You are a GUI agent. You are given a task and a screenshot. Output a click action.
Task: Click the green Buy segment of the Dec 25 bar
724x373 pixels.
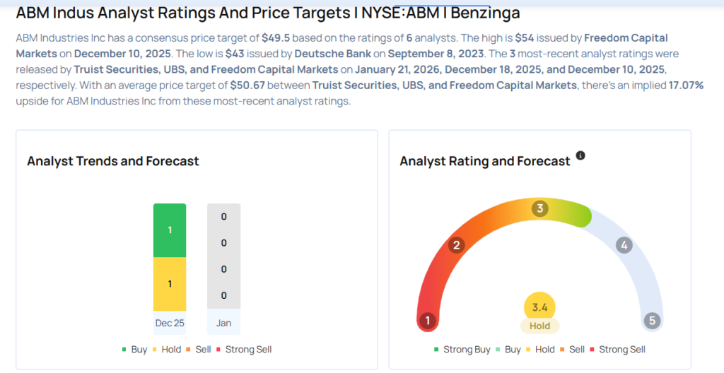[x=170, y=230]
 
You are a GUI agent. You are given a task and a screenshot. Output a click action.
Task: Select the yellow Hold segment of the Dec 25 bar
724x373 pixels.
[x=170, y=283]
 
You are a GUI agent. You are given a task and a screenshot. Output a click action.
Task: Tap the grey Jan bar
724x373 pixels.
[x=223, y=256]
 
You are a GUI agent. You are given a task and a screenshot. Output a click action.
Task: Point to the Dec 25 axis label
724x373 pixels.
[x=170, y=323]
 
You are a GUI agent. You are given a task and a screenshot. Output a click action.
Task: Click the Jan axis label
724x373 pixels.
[x=223, y=323]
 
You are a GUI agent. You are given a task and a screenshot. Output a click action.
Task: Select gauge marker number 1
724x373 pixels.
[x=426, y=321]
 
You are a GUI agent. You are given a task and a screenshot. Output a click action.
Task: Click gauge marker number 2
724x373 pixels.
[x=457, y=245]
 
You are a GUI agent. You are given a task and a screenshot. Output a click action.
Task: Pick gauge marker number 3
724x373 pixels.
[x=539, y=208]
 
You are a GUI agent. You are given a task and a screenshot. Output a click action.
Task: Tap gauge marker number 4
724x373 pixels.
[x=623, y=245]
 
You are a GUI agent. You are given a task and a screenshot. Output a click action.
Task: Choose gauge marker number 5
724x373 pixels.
[x=652, y=321]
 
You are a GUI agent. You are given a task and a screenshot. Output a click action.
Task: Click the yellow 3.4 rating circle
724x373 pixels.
[x=539, y=307]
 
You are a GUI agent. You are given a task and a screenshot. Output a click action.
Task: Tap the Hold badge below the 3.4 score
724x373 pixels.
[x=539, y=326]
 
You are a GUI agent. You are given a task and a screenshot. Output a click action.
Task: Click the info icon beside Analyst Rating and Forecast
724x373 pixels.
[x=580, y=155]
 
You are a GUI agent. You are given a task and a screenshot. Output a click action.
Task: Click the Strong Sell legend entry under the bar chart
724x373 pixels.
[x=245, y=349]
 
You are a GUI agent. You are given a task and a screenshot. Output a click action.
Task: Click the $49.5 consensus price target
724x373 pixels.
[x=272, y=37]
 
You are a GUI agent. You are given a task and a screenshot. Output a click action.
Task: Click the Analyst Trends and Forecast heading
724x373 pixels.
[x=113, y=161]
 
